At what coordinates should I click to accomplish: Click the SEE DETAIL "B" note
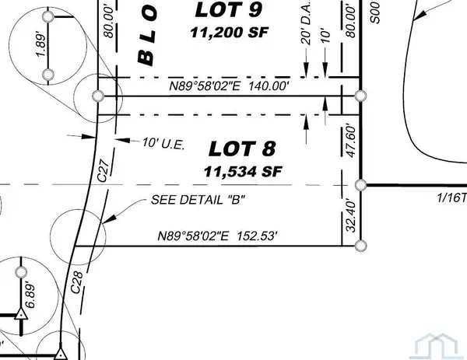pos(192,200)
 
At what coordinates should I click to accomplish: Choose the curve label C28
pos(76,285)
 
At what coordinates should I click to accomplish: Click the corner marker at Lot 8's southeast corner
pos(360,245)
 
